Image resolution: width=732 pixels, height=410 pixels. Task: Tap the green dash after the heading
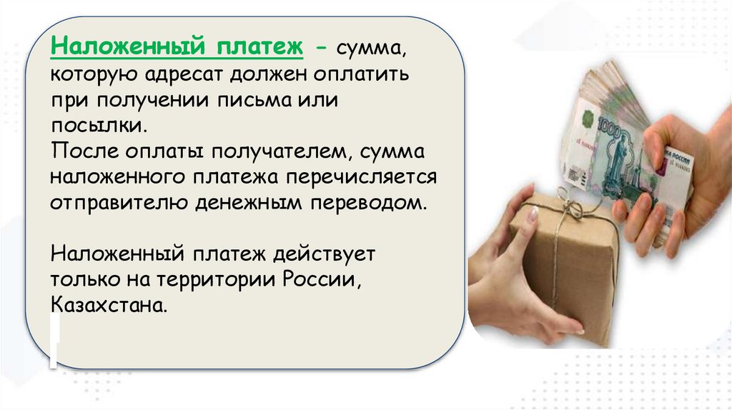tap(321, 48)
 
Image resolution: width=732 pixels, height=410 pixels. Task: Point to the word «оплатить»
tap(361, 74)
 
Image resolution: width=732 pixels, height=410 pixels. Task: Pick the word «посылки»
tap(99, 126)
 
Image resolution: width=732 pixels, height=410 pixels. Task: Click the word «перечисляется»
tap(361, 178)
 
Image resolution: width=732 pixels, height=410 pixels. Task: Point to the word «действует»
tap(324, 255)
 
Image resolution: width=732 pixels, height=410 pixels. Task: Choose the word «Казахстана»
tap(109, 306)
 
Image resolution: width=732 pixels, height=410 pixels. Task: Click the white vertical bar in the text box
tap(54, 340)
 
